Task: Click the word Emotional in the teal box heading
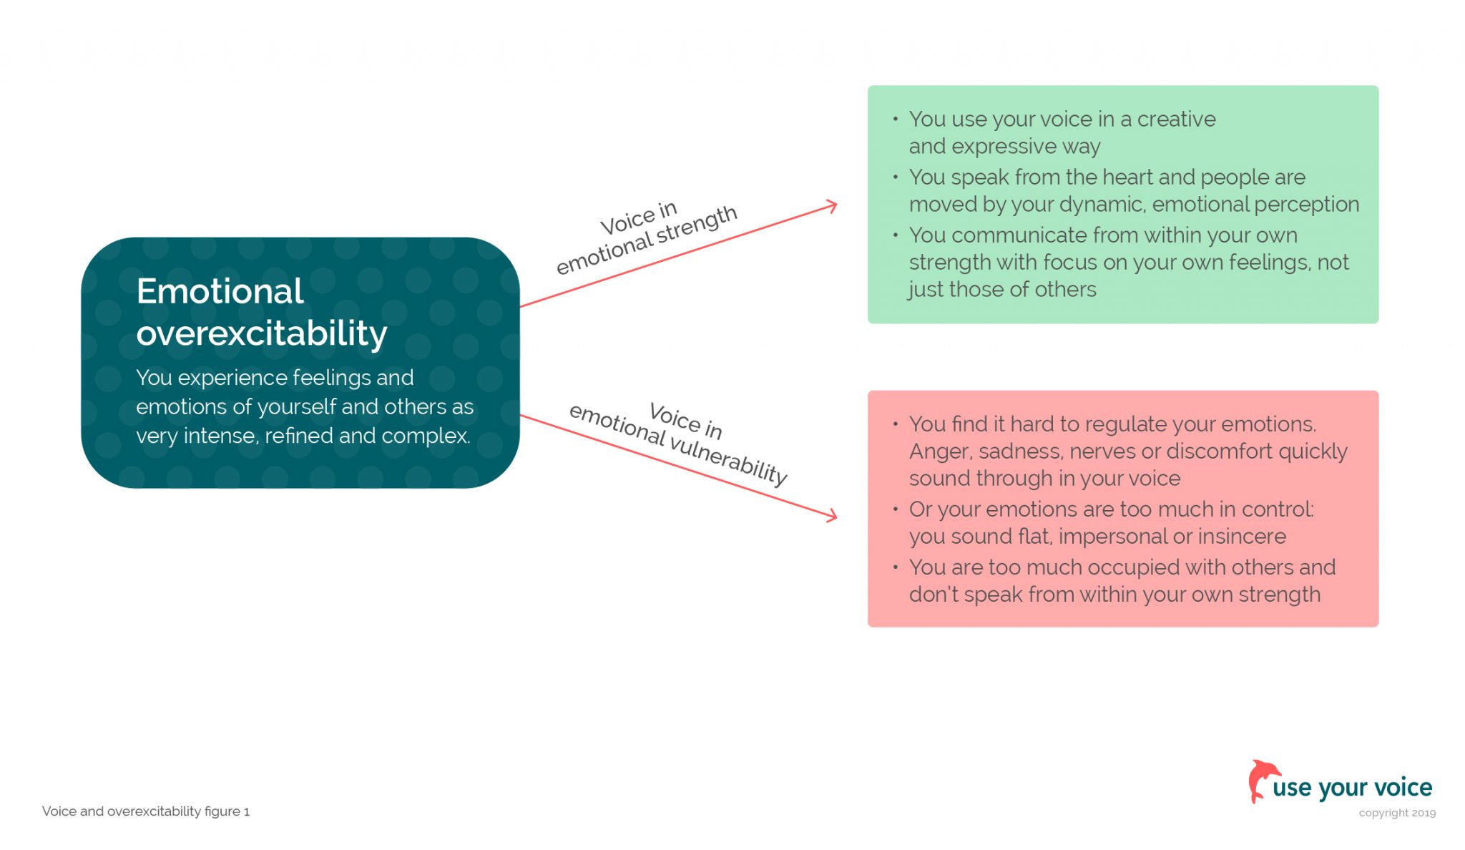(x=220, y=292)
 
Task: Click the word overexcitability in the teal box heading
(x=262, y=333)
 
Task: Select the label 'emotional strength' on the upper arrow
(x=647, y=240)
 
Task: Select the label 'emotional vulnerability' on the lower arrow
(x=677, y=444)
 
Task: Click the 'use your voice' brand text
(x=1352, y=788)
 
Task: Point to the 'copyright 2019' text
(x=1397, y=813)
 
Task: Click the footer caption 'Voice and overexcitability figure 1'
(x=146, y=811)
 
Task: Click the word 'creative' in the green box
(x=1176, y=119)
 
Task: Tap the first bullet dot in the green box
(x=895, y=119)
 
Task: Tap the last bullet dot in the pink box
(x=895, y=567)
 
